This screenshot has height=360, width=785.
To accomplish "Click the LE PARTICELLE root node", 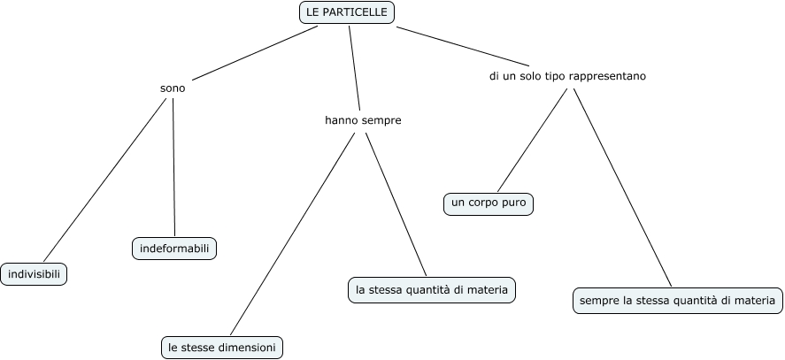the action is tap(346, 12).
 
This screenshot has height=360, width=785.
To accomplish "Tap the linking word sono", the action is tap(173, 88).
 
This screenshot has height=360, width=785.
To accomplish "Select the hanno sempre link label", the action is tap(363, 120).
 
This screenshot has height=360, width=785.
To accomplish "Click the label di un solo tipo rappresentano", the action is tap(567, 76).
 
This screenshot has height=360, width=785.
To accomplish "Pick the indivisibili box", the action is tap(35, 274).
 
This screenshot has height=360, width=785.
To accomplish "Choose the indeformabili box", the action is tap(174, 249).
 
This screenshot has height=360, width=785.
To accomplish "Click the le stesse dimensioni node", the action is tap(223, 348).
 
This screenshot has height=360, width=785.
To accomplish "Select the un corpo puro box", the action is tap(489, 203).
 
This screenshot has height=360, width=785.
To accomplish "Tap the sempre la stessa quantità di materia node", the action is tap(677, 301).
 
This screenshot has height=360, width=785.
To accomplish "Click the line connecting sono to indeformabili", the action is tap(173, 168).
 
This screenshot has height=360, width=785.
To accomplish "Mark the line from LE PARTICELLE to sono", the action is tap(255, 53).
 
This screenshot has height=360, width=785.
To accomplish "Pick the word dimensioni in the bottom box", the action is tap(250, 348).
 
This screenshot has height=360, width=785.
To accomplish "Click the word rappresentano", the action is tap(608, 76).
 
